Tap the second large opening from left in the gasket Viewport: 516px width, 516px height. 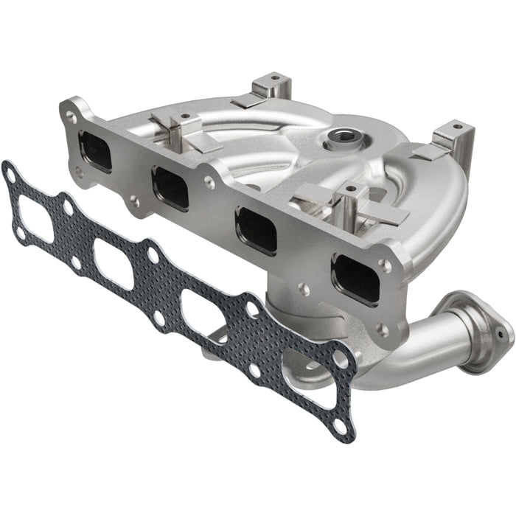coord(113,263)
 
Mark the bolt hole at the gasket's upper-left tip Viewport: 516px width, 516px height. coord(10,175)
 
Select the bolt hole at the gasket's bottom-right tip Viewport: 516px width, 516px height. coord(338,426)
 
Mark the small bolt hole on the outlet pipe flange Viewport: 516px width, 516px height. coord(501,336)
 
